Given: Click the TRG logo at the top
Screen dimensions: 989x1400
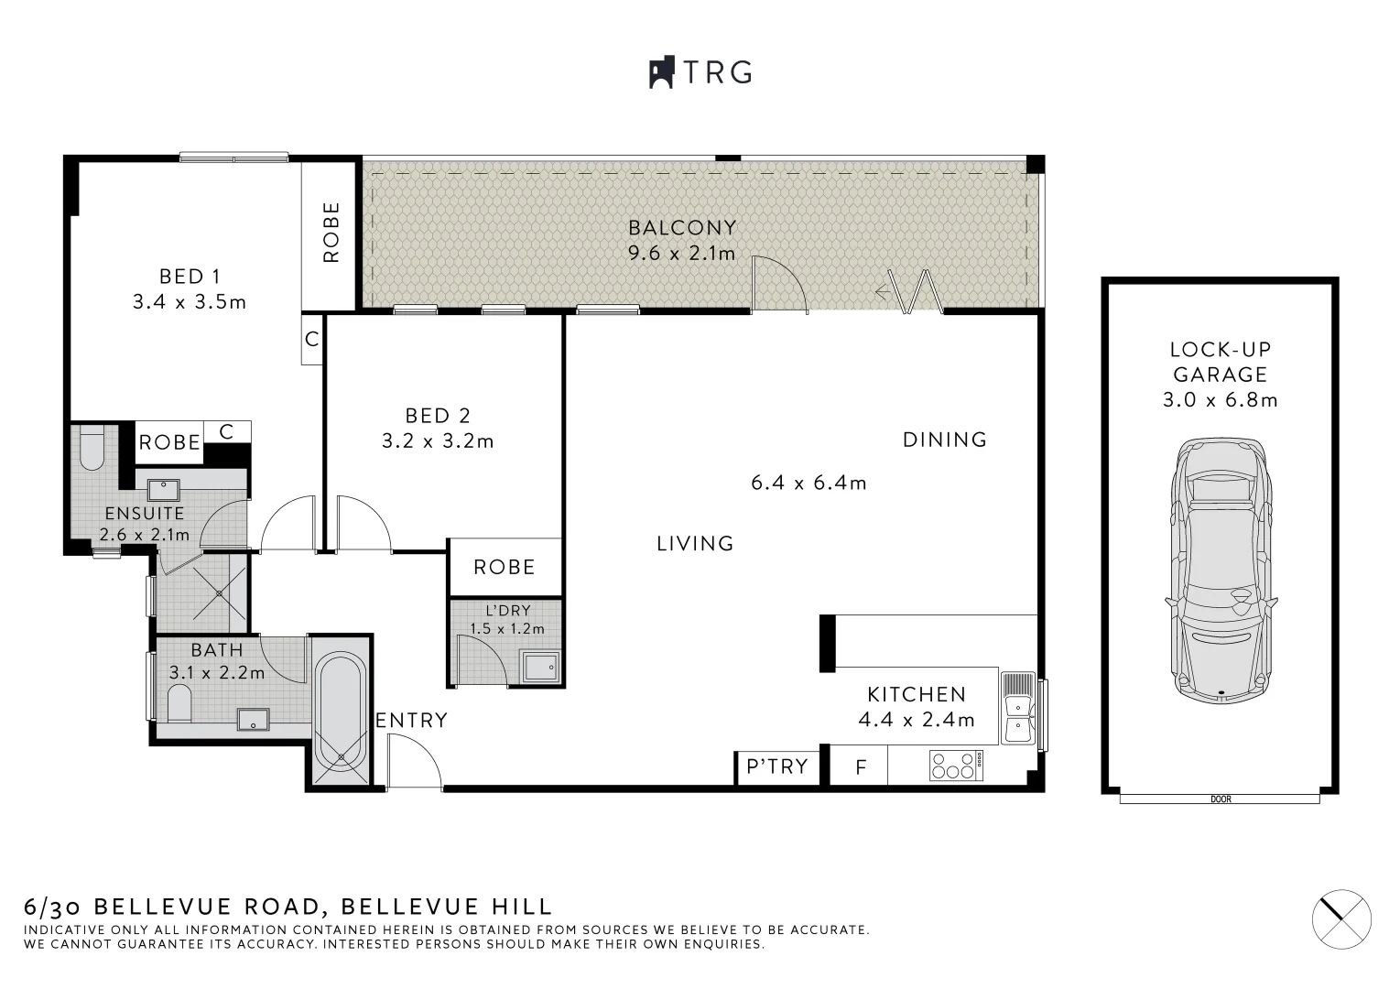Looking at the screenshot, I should (x=700, y=72).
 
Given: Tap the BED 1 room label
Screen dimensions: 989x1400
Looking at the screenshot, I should (x=190, y=276).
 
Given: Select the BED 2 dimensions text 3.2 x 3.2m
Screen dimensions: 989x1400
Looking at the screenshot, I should (x=438, y=441).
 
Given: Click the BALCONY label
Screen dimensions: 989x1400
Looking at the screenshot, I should (x=682, y=228).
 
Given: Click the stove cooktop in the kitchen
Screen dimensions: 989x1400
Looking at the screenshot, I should (x=956, y=766).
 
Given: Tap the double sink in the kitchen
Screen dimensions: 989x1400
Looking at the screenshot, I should (x=1017, y=706).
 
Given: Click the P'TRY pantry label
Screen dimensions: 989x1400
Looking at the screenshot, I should (x=777, y=766).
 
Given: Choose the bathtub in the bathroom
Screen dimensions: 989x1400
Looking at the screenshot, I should (x=342, y=711).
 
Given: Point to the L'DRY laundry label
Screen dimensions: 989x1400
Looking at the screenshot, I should (x=507, y=611).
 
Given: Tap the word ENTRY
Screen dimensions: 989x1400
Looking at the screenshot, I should (x=412, y=721).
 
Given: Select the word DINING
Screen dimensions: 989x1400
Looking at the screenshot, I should (x=945, y=440).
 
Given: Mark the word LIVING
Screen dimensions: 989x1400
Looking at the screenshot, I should (x=696, y=544).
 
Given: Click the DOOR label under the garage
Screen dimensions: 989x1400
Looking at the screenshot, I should (x=1221, y=799).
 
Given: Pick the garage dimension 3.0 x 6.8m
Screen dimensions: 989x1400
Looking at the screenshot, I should (x=1220, y=400).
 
